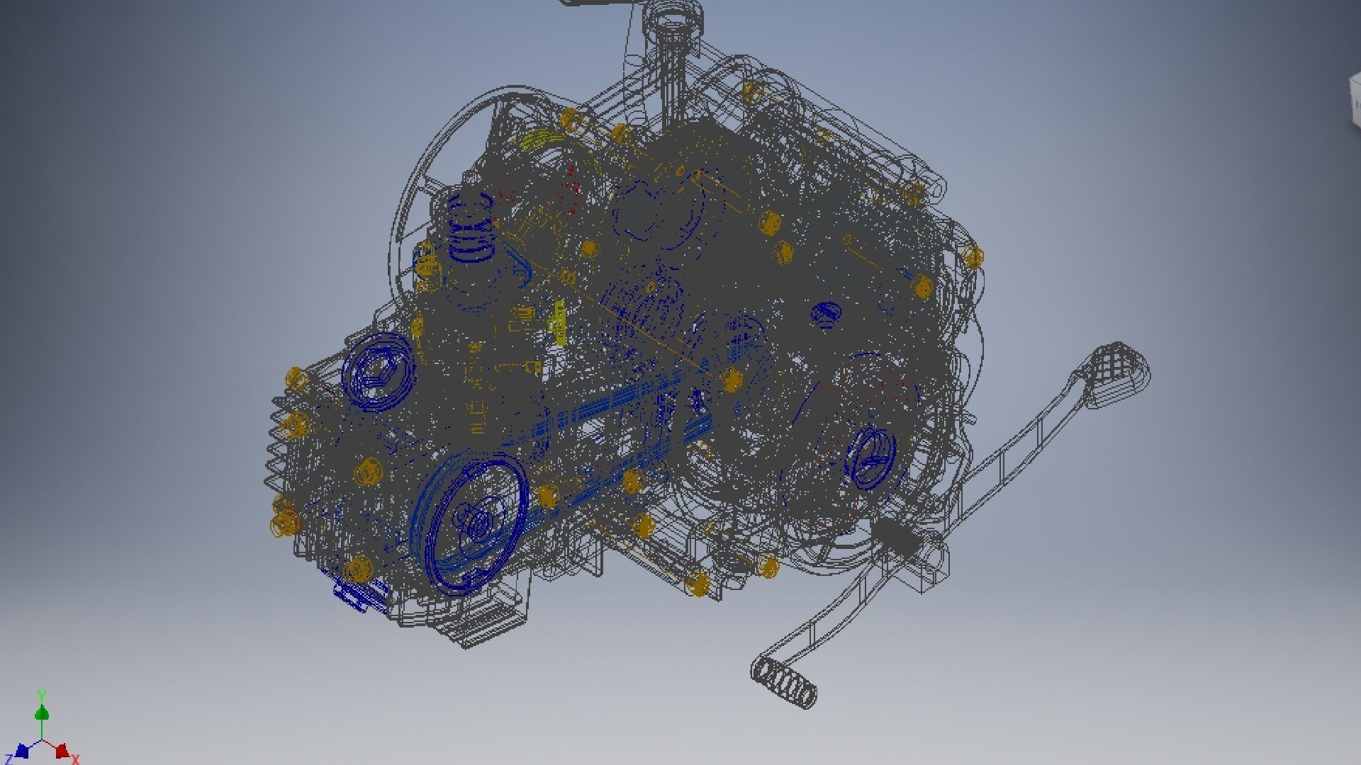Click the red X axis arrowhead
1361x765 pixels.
[x=62, y=750]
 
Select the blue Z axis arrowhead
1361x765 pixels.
[x=21, y=751]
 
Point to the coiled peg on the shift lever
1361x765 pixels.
[x=784, y=681]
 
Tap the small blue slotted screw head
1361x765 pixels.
[x=826, y=313]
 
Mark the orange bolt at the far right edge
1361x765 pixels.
[x=973, y=256]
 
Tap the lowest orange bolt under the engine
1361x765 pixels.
[x=698, y=584]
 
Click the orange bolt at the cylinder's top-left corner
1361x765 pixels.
[x=297, y=378]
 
